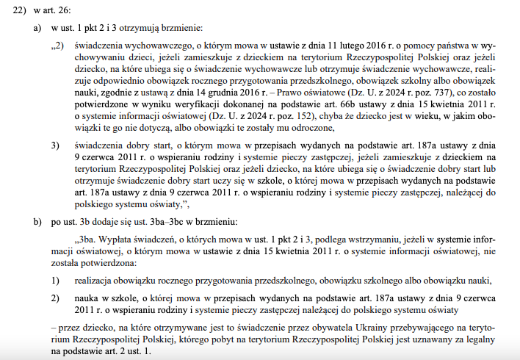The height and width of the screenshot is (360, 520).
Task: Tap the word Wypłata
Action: (x=112, y=240)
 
